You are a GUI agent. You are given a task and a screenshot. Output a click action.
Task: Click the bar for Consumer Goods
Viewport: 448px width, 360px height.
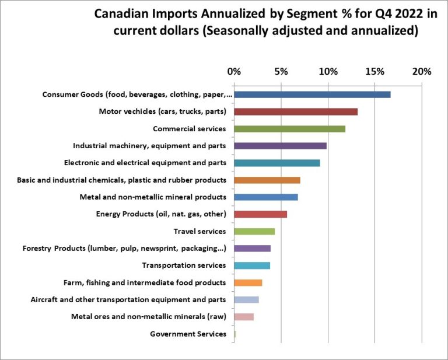pos(312,95)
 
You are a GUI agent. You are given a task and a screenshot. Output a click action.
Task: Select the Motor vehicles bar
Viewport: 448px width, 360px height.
pos(296,111)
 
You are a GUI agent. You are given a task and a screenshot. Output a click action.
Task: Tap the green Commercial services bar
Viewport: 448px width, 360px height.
pos(289,129)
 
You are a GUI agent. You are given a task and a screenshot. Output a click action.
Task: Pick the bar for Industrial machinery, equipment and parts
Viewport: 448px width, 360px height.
pos(280,146)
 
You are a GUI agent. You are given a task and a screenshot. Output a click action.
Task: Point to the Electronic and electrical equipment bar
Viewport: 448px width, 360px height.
pos(277,163)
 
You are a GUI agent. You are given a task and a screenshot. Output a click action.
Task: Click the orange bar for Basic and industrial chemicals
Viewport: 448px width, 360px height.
pos(267,180)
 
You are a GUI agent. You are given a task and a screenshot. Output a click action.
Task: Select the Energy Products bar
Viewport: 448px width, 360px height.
pos(260,214)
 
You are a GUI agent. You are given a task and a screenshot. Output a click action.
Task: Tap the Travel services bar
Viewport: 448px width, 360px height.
pos(254,232)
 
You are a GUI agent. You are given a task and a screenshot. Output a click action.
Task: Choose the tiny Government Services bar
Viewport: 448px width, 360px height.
pos(235,334)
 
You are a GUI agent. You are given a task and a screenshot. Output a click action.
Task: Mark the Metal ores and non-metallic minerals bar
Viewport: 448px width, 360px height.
pos(244,317)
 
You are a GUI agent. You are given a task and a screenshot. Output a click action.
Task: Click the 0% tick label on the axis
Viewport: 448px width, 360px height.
pos(234,72)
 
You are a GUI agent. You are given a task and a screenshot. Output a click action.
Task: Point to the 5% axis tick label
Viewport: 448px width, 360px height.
pos(281,72)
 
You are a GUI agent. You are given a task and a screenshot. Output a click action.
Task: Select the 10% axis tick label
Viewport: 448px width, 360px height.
pos(328,72)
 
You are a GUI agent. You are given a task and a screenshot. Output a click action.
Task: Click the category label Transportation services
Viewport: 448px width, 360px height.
pos(184,265)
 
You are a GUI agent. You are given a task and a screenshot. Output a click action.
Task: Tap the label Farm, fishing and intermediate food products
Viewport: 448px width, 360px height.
pos(144,282)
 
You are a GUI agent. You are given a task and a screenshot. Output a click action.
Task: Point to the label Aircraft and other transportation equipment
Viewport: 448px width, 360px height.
pos(128,300)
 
